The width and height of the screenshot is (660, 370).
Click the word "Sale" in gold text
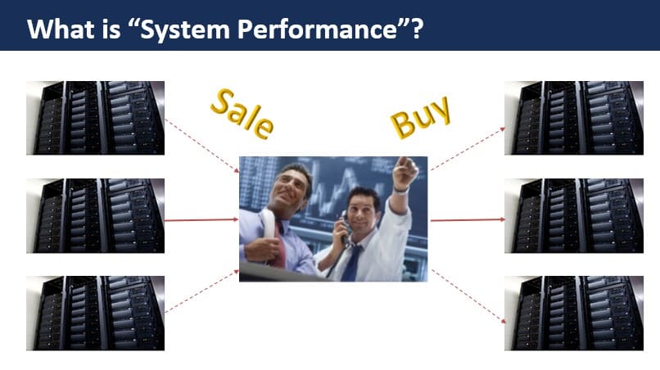241,112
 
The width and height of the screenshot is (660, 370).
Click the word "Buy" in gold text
420,116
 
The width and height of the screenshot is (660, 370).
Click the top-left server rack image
96,117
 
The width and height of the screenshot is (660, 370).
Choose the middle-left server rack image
96,215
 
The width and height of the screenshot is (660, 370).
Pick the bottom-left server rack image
96,313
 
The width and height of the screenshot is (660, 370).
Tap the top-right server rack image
573,117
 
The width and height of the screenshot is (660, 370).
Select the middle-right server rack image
573,215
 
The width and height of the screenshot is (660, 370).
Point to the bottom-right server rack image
573,313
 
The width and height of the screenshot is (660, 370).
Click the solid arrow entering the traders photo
201,220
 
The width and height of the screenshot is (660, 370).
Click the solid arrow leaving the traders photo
467,220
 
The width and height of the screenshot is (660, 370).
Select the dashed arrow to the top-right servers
467,150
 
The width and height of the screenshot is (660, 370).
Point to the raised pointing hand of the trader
405,169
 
